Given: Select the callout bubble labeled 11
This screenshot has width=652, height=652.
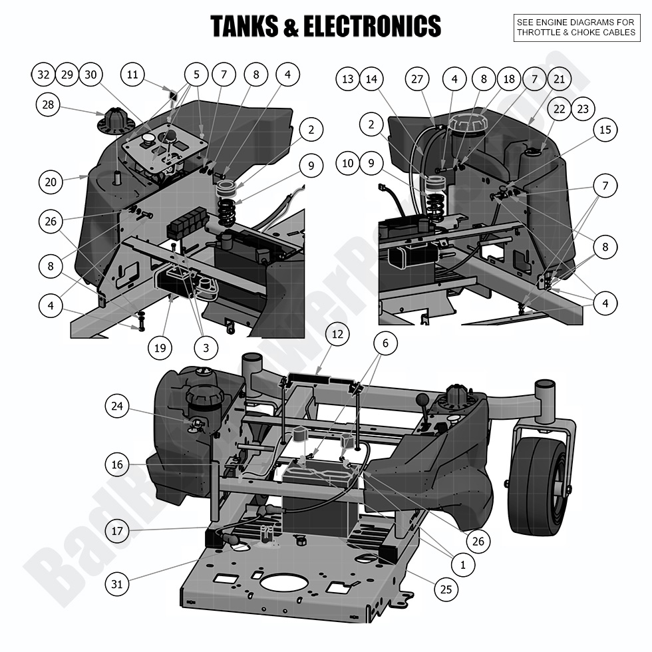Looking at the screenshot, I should tap(132, 75).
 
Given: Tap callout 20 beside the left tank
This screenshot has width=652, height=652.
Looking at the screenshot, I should tap(51, 181).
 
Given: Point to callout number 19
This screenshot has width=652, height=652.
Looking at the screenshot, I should tap(160, 347).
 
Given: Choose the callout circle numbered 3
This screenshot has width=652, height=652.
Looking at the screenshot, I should tap(206, 347).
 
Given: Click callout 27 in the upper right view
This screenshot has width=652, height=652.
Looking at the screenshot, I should tap(417, 79).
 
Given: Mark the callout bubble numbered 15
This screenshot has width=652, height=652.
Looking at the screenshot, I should tap(605, 130).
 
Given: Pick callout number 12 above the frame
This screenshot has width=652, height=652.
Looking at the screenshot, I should tap(337, 334).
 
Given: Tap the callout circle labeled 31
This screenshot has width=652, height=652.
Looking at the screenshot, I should tap(117, 584).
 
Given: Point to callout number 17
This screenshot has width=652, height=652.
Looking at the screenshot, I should tap(117, 531).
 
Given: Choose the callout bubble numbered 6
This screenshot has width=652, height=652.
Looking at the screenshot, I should tap(385, 343).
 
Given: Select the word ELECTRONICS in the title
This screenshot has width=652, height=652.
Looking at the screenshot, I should tap(372, 27).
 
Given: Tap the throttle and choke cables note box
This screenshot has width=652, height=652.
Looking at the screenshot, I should tap(576, 27).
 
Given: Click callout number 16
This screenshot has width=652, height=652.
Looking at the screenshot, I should tap(117, 464).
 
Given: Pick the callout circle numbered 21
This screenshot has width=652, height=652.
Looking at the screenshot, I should tap(560, 79).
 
